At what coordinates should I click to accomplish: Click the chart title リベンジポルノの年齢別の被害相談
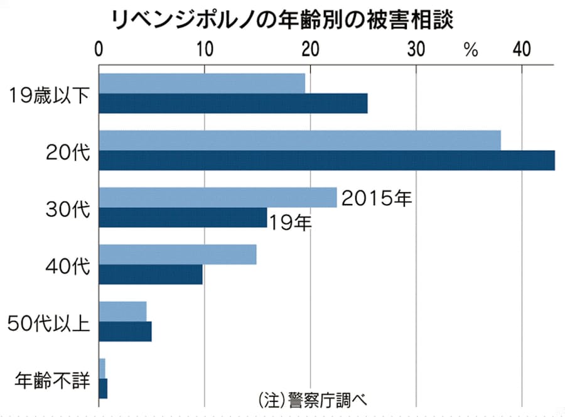point(282,19)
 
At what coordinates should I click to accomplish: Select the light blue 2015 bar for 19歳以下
point(202,84)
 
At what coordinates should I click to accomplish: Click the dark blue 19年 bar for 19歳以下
point(233,103)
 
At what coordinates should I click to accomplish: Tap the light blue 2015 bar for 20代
point(299,141)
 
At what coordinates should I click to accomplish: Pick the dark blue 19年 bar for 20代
point(326,160)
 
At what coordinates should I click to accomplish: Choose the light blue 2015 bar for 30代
point(217,198)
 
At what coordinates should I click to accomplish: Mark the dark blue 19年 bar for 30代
point(183,217)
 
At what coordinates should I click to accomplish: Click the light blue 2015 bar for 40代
point(178,254)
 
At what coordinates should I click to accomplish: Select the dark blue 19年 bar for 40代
point(151,274)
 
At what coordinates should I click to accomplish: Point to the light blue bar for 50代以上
point(122,311)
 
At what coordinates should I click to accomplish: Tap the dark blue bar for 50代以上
point(125,331)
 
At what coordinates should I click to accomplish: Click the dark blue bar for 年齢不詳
point(103,388)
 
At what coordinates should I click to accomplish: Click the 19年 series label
point(290,221)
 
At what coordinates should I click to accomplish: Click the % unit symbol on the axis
point(471,50)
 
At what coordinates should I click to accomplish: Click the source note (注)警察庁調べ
point(312,398)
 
